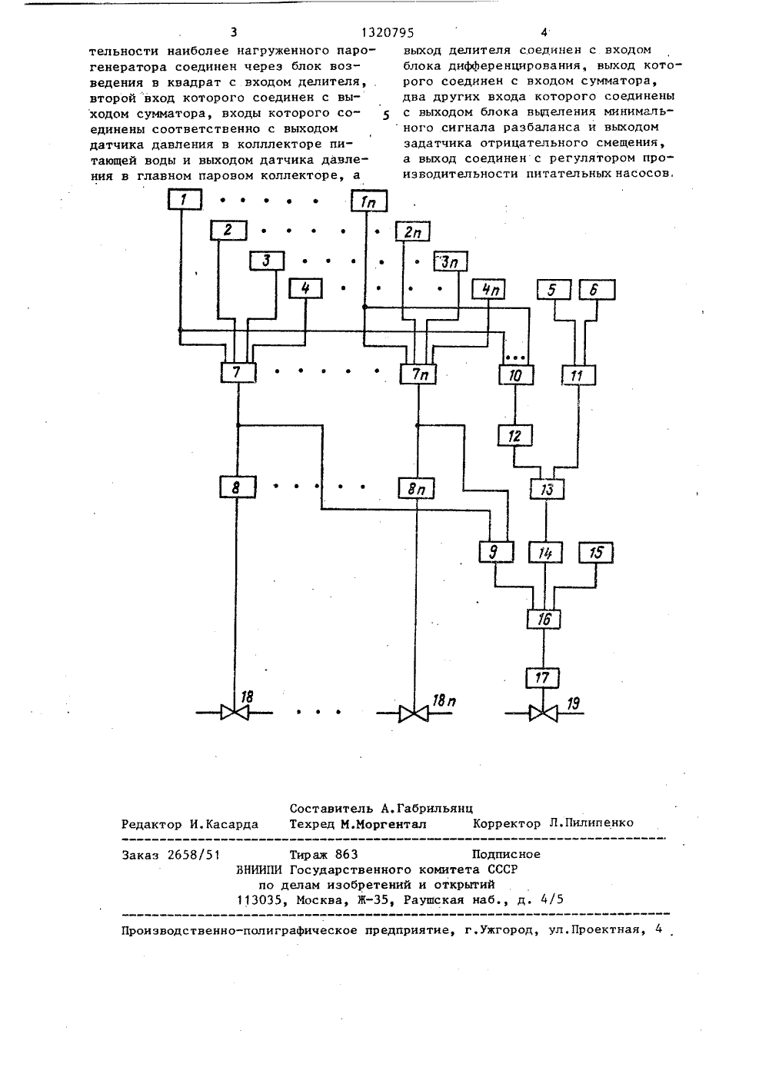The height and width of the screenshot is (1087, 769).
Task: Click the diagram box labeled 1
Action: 185,199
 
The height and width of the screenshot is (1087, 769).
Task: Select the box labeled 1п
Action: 369,201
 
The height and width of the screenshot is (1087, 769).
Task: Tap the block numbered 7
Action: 238,373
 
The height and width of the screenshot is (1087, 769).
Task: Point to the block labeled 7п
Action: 418,374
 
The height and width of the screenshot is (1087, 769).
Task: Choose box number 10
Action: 516,375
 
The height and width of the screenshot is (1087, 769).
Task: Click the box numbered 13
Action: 547,489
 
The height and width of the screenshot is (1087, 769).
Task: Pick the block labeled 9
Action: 496,552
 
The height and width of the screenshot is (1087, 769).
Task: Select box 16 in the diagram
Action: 544,619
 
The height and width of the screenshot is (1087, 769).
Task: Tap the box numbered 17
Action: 542,677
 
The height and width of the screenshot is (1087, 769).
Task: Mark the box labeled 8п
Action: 416,488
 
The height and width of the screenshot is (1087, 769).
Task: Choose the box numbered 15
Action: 596,553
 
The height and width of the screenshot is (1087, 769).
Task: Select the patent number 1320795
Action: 388,33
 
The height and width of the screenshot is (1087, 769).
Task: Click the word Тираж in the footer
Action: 309,854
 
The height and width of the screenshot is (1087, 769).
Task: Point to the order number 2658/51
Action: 193,855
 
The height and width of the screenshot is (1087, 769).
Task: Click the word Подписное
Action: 506,854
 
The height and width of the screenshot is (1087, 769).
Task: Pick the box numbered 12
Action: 515,435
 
